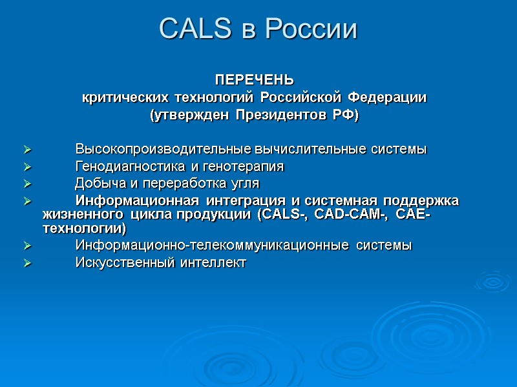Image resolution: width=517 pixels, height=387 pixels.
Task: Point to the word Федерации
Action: click(x=387, y=98)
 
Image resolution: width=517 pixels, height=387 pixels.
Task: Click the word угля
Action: click(x=245, y=183)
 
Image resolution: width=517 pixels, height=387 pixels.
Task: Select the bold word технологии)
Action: click(x=85, y=228)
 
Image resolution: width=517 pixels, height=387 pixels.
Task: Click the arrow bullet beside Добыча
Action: click(x=27, y=184)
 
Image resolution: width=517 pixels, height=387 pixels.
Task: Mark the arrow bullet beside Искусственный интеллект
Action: click(x=27, y=263)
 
